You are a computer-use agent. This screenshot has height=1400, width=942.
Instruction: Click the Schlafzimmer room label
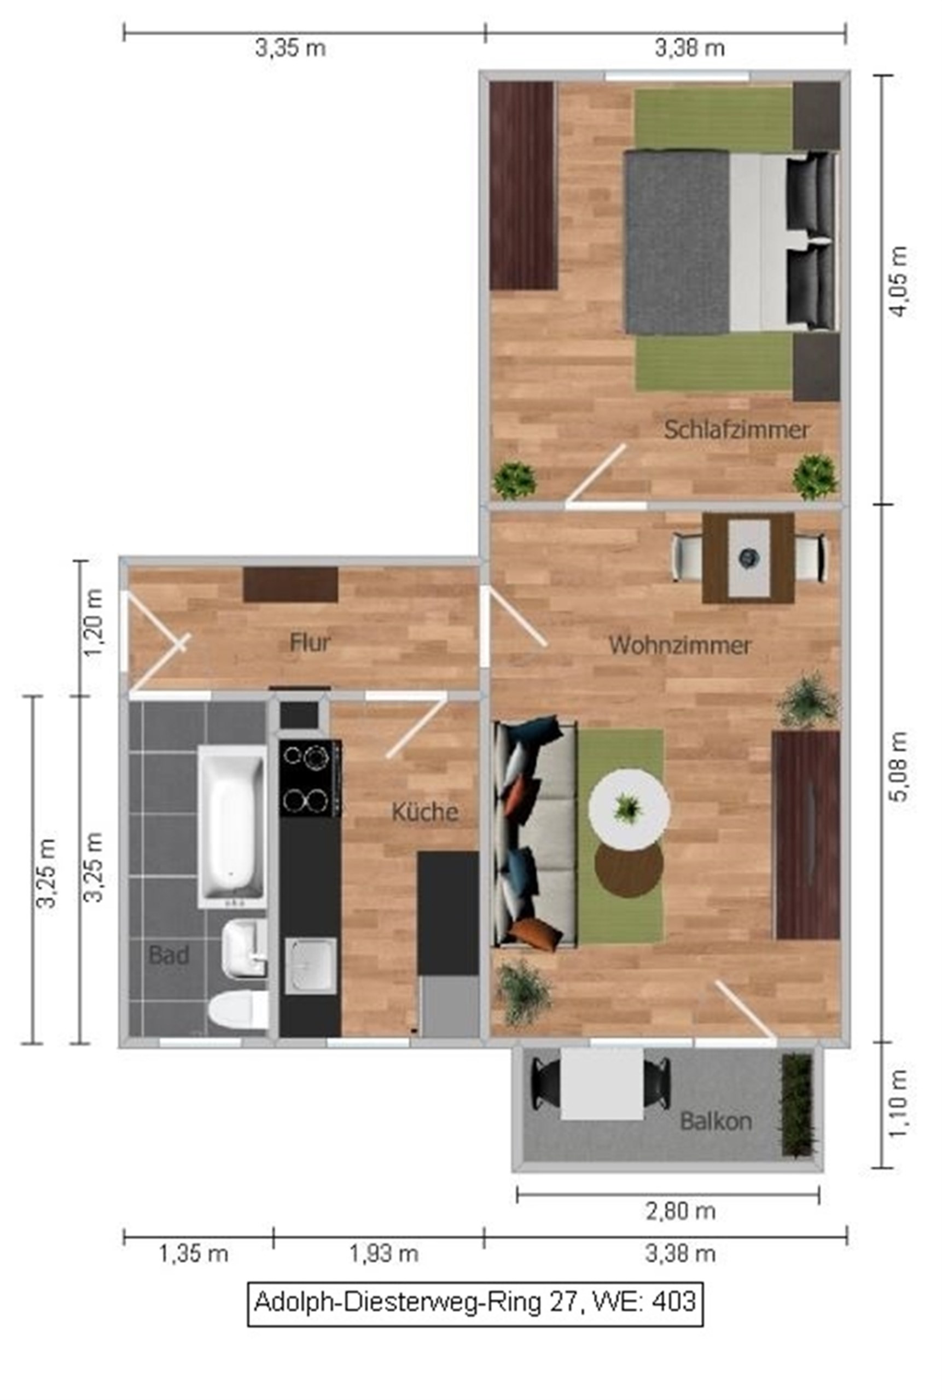tap(736, 430)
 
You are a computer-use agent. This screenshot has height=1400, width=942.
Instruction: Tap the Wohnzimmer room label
tap(680, 646)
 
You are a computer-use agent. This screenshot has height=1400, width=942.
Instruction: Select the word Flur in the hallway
tap(310, 643)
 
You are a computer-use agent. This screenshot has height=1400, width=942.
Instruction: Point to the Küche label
tap(425, 812)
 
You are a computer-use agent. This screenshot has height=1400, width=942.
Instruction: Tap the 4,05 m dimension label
tap(899, 282)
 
